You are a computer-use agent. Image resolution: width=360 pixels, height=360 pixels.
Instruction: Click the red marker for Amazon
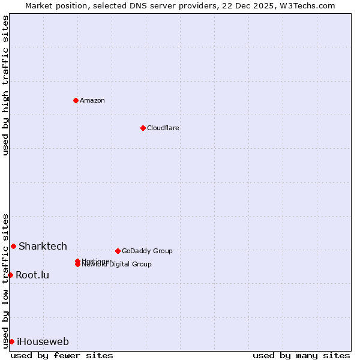pos(76,100)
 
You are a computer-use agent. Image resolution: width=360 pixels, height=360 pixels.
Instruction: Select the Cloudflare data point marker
pos(143,128)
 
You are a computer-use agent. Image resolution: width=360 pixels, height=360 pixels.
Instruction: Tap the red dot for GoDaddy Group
pos(118,251)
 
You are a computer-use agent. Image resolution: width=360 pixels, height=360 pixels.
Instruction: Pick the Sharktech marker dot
pos(13,246)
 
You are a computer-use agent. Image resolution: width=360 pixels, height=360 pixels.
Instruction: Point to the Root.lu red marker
pos(10,275)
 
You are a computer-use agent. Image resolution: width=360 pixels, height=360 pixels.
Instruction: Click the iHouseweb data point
pos(11,341)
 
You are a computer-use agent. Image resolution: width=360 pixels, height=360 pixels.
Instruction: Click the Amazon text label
pos(92,100)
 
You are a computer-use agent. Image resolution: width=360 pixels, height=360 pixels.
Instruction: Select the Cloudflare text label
pos(163,128)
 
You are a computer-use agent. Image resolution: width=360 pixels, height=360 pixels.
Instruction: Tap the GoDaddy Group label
pos(147,251)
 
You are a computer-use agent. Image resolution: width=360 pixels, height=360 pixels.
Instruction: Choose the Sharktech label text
pos(43,246)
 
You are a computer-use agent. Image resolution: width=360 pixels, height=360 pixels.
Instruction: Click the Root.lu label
pos(32,275)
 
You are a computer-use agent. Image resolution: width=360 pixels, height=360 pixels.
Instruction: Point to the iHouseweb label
pos(43,342)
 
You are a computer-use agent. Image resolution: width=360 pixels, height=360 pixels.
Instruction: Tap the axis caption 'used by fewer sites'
pos(62,355)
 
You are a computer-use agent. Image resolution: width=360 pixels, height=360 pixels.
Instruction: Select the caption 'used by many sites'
pos(301,355)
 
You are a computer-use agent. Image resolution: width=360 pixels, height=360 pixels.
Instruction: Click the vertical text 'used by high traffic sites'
pos(5,85)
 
